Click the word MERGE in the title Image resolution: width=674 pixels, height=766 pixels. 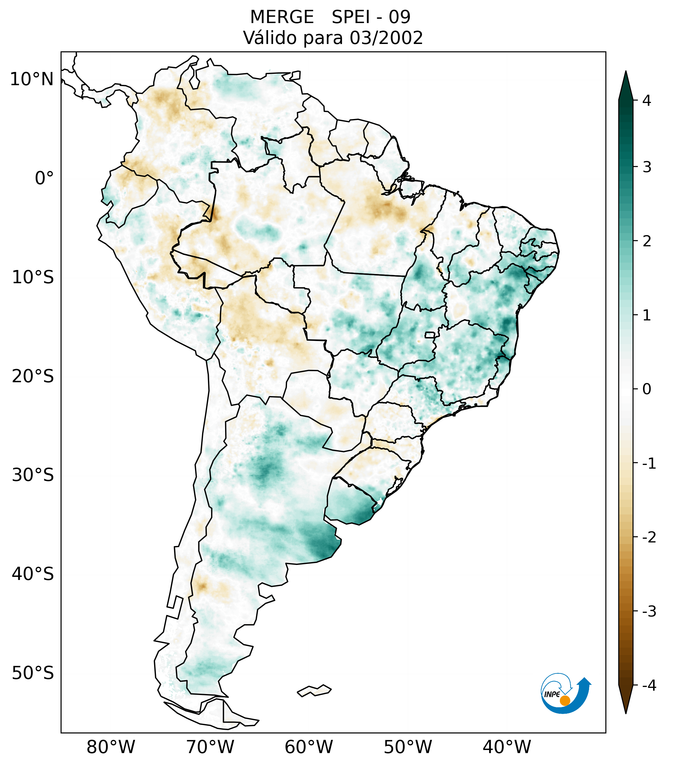[x=281, y=17]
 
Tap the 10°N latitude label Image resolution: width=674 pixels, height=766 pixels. [x=31, y=79]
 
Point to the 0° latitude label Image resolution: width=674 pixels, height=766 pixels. [x=44, y=178]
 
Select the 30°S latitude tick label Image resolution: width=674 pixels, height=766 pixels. [x=33, y=475]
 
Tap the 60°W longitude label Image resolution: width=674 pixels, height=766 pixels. [x=309, y=747]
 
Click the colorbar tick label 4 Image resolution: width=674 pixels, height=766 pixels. [x=647, y=101]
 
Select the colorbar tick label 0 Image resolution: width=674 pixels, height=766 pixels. [x=647, y=389]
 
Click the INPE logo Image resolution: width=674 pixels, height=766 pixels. [x=565, y=693]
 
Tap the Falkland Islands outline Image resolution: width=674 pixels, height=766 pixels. [x=314, y=690]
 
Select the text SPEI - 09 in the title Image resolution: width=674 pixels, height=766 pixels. [x=371, y=17]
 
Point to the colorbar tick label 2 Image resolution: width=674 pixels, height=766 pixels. [x=647, y=241]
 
